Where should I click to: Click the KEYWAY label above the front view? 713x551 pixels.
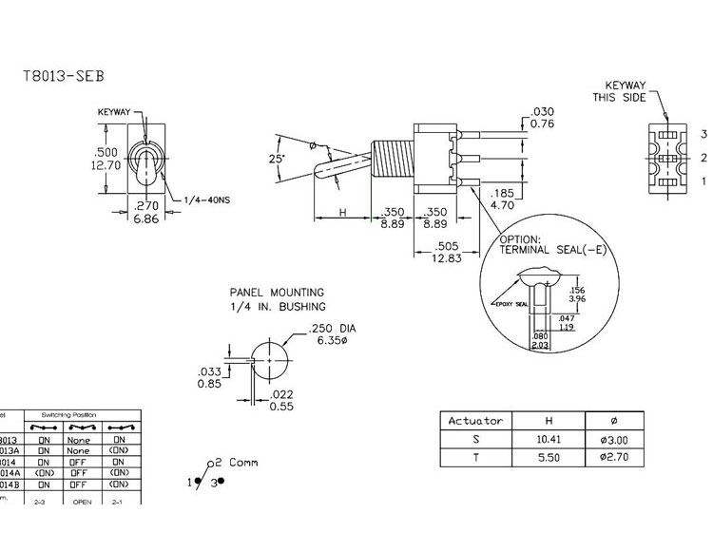point(114,112)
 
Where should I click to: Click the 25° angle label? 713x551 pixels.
point(277,160)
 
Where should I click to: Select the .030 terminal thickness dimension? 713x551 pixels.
point(543,111)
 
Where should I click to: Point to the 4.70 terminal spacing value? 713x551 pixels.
point(502,203)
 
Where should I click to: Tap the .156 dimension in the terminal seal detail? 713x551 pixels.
point(576,291)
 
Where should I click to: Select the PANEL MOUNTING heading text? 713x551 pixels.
point(277,293)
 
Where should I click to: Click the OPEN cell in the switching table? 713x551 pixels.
point(82,500)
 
